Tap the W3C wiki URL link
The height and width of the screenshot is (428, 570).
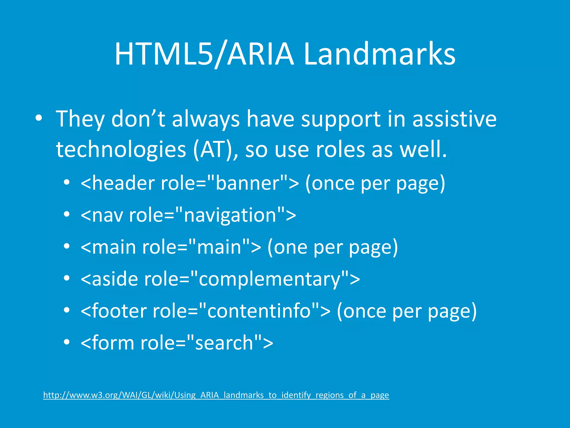[216, 395]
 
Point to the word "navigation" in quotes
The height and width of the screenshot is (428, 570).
[230, 215]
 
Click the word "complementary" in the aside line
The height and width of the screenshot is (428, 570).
[270, 279]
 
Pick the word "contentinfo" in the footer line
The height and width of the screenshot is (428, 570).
[259, 311]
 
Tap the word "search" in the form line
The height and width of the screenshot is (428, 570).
[224, 342]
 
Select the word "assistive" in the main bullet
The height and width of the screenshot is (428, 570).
[454, 119]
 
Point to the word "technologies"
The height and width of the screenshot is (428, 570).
[121, 149]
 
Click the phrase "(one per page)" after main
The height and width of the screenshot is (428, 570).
[333, 247]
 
